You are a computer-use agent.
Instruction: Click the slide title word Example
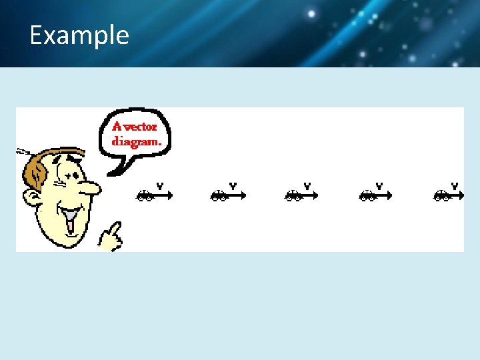click(79, 35)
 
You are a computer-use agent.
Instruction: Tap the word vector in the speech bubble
click(141, 127)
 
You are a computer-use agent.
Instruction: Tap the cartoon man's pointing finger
click(115, 231)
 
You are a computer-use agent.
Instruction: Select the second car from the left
click(219, 195)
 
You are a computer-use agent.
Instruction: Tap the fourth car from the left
click(367, 195)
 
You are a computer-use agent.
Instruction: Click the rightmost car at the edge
click(441, 195)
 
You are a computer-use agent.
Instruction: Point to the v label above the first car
click(160, 185)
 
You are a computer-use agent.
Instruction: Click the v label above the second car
click(233, 185)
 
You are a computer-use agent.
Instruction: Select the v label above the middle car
click(307, 185)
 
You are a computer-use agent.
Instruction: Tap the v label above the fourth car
click(379, 185)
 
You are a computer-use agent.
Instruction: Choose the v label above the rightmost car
click(455, 185)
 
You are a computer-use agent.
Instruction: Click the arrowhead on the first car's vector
click(170, 195)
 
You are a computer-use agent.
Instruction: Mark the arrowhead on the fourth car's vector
click(389, 195)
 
